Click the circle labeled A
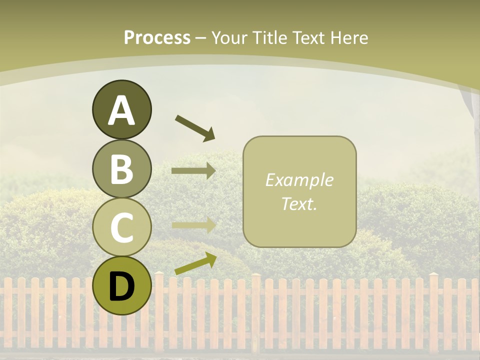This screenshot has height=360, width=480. click(121, 109)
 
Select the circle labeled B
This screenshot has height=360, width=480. click(121, 168)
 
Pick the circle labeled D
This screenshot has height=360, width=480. click(121, 285)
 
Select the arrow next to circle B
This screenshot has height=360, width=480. click(193, 170)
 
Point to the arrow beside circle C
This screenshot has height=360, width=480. click(193, 225)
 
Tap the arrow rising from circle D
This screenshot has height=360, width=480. click(195, 263)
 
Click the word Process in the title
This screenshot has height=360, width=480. click(157, 37)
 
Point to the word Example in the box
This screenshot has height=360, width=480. click(299, 180)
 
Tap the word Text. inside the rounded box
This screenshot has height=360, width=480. click(299, 203)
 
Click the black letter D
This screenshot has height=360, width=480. click(121, 286)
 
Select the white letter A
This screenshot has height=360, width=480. click(121, 110)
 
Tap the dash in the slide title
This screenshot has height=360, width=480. click(200, 38)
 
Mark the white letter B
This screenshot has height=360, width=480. click(121, 169)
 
